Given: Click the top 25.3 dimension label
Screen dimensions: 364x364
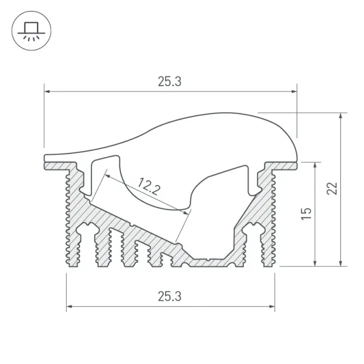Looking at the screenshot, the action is click(x=169, y=82).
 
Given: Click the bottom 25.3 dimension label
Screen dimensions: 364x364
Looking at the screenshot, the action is click(x=169, y=297).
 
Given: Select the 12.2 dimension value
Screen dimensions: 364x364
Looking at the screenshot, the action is click(x=149, y=186).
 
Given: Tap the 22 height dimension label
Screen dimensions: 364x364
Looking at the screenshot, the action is click(x=332, y=189).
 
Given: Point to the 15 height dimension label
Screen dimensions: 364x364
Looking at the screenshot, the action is click(x=306, y=214).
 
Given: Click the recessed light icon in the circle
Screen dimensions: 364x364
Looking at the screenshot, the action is click(x=32, y=31).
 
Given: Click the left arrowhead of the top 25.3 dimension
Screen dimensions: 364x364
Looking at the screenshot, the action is click(x=47, y=92).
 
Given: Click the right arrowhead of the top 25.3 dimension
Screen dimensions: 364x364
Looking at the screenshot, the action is click(x=294, y=92).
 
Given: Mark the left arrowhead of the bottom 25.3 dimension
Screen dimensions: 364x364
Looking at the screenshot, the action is click(x=69, y=306).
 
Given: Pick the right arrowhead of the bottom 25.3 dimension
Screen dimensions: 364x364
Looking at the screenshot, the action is click(x=272, y=306).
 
